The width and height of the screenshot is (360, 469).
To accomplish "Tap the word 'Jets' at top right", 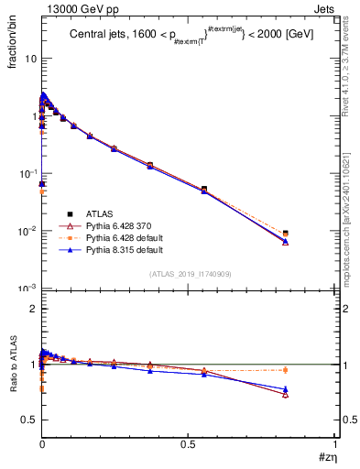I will point(325,7).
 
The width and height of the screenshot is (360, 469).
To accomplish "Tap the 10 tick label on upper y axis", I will point(29,58).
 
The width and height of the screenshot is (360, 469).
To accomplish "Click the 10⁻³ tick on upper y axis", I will point(28,289).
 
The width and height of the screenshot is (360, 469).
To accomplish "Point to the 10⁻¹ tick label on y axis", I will point(28,173).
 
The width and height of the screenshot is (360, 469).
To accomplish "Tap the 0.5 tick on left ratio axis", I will point(28,420).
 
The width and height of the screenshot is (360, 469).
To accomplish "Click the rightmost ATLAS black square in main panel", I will point(286,234).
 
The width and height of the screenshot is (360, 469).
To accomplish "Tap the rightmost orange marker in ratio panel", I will point(286,370).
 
